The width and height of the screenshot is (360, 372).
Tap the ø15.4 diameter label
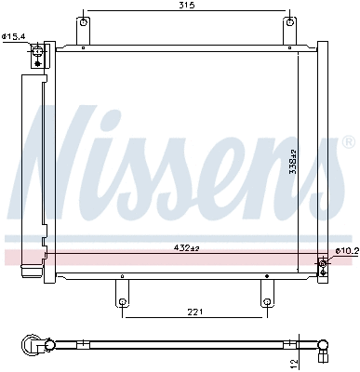pos(14,36)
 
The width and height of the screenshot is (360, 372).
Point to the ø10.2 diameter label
pos(345,225)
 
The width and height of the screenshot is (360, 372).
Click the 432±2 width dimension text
pos(187,247)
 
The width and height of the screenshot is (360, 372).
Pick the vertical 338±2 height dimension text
pos(292,164)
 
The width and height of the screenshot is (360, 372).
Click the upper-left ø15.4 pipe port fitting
pos(38,55)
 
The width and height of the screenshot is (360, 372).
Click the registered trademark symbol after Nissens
pos(349,143)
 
